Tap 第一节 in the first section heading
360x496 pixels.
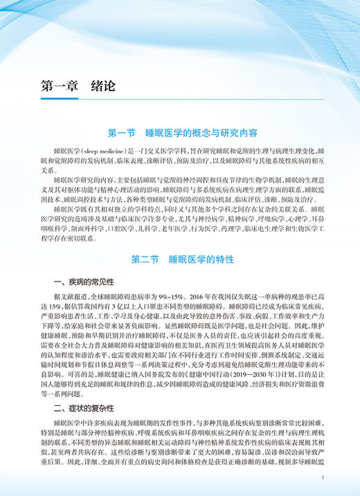pyautogui.click(x=123, y=131)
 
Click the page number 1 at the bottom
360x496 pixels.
pyautogui.click(x=323, y=477)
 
